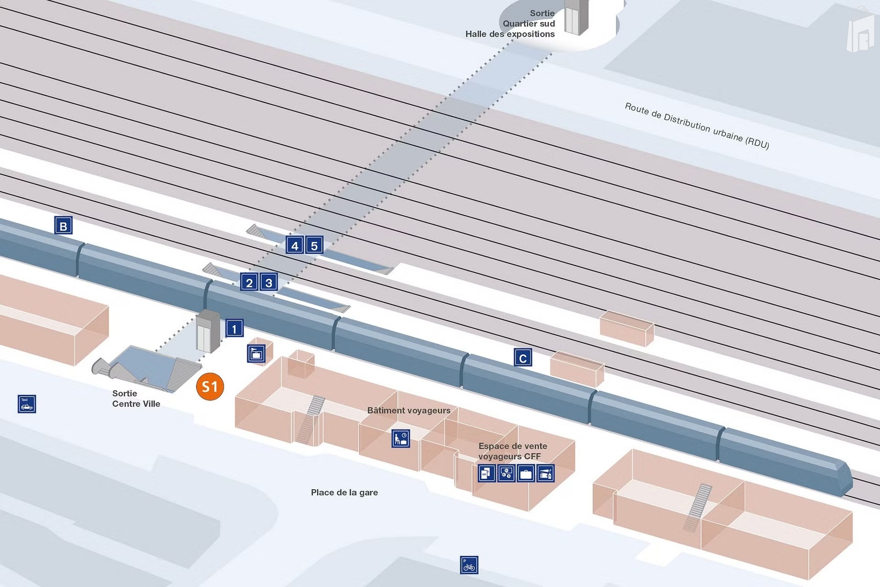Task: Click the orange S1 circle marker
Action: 210,387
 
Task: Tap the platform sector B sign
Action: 63,226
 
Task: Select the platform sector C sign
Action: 523,358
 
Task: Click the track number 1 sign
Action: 234,328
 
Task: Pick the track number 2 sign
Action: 249,282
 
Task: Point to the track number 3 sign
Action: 268,282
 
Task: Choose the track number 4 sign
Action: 295,245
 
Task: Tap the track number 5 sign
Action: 314,245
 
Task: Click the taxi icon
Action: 26,404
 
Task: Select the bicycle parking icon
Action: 469,565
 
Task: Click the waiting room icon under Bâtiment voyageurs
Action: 400,438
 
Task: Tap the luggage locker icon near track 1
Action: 256,353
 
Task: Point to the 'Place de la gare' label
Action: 344,493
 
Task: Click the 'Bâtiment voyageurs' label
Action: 409,410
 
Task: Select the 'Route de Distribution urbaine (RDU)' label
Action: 697,126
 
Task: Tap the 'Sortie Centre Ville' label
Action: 136,399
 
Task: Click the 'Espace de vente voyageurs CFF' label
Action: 512,451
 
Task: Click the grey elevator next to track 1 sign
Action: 208,332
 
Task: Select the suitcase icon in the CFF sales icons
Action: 526,474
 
